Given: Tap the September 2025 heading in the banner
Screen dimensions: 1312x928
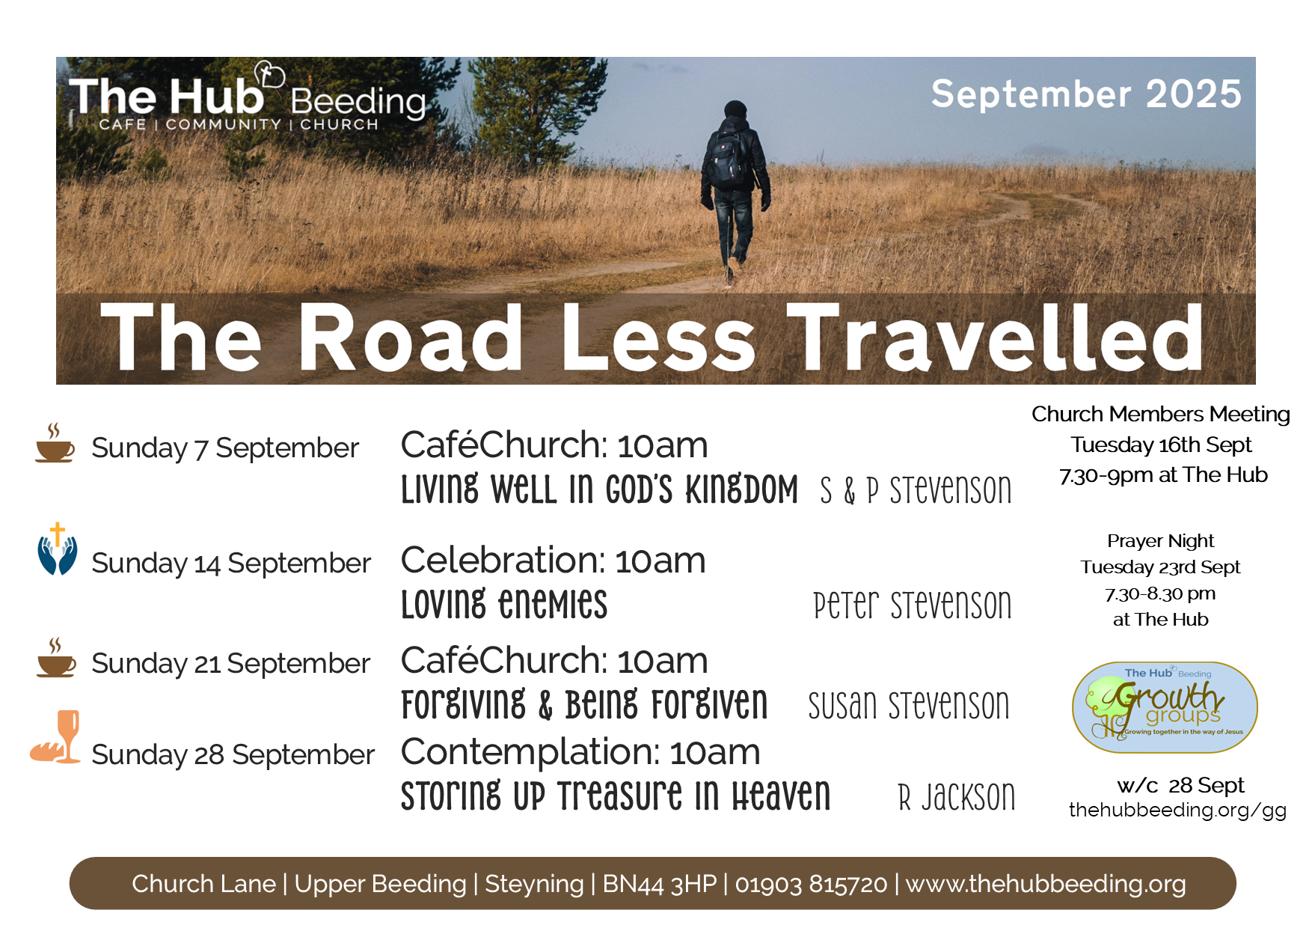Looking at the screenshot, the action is pos(1086,94).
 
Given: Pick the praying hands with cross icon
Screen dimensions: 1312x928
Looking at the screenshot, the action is pos(58,549).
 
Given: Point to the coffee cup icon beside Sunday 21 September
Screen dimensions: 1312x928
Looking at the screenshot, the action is pos(56,658).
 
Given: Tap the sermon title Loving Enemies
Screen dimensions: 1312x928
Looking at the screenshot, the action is pos(504,605).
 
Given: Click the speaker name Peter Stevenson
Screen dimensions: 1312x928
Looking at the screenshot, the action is pos(913,605).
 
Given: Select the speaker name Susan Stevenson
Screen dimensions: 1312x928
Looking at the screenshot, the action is pos(909,705).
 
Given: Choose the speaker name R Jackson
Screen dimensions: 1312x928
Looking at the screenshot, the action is pos(957,796).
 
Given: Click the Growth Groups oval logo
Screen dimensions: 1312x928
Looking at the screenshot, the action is pos(1165,707).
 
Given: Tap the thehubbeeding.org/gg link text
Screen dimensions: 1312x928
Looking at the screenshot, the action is pos(1177,810).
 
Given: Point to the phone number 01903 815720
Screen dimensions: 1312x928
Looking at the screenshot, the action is pos(811,884).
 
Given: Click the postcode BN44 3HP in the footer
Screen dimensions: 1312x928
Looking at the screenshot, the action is pos(659,884).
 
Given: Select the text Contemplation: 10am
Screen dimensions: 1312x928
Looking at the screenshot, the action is pos(580,752).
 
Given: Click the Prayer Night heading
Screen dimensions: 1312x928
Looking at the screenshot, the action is pos(1161,541).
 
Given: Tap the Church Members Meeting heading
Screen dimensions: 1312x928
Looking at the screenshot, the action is pos(1161,414).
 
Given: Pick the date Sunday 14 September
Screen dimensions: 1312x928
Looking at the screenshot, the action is pos(231,563).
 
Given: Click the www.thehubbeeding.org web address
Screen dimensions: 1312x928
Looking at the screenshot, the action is pos(1046,884).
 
